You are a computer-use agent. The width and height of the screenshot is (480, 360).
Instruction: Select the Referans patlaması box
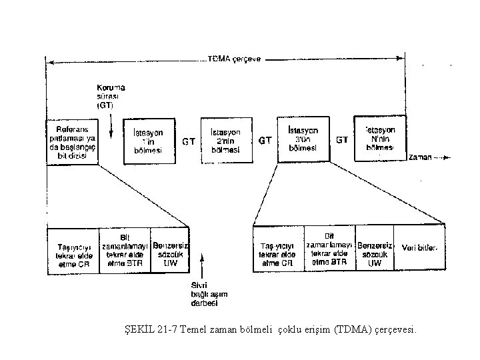[72, 141]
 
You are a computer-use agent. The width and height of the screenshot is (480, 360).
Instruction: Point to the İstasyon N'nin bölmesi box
[379, 138]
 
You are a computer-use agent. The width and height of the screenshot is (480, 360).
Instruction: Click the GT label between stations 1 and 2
[189, 141]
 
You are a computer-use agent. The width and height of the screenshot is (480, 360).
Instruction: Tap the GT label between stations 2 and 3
[265, 141]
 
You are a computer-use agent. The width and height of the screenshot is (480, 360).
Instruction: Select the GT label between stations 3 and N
[342, 140]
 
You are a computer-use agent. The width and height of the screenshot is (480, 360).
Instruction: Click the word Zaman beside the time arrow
[421, 157]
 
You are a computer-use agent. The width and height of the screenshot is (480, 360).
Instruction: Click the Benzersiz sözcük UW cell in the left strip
[171, 251]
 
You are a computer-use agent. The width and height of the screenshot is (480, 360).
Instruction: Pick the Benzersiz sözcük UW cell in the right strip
[375, 251]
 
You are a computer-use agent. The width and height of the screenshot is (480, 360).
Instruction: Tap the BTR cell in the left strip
[125, 251]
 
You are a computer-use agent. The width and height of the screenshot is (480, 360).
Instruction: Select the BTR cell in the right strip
[329, 249]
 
